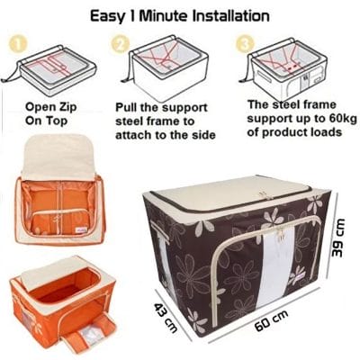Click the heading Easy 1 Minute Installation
[180, 15]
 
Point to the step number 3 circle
[242, 43]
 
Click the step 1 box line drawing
[53, 68]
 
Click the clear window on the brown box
[266, 262]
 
